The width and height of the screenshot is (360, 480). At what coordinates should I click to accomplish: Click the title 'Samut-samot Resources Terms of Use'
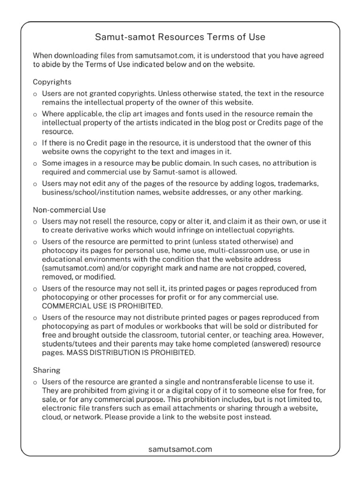click(180, 37)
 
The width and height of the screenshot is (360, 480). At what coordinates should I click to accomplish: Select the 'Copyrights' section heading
click(52, 82)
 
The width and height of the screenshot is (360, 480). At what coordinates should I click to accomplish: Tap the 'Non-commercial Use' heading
click(69, 210)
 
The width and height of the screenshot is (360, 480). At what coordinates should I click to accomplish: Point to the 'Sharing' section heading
click(46, 370)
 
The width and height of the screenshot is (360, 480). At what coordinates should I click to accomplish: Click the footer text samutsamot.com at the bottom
click(180, 449)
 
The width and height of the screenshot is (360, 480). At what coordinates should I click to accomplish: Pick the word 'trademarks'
click(299, 183)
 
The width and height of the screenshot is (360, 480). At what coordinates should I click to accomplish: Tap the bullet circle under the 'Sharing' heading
click(35, 383)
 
